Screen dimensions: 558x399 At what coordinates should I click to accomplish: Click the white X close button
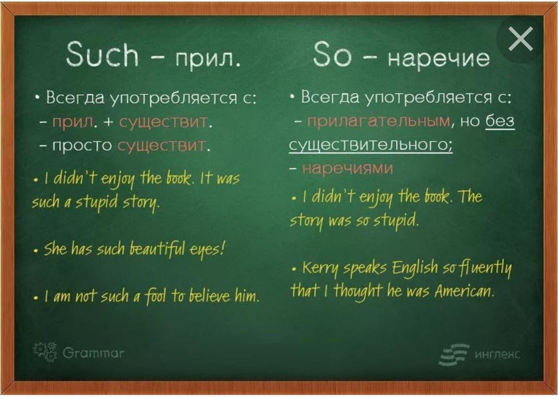[521, 38]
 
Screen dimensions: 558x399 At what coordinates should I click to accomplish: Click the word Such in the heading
[102, 54]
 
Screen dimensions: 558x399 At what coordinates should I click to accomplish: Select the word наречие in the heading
[439, 58]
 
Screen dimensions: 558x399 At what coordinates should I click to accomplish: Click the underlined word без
[500, 121]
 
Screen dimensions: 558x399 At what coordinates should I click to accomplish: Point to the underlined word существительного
[370, 145]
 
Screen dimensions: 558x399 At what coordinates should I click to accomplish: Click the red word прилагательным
[379, 122]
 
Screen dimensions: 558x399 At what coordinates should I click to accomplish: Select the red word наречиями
[347, 168]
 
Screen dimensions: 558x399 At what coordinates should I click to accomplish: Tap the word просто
[82, 146]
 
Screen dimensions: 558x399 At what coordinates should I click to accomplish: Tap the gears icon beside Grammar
[45, 352]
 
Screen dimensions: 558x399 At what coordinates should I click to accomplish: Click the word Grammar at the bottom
[94, 353]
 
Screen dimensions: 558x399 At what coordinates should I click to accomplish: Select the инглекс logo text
[498, 354]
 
